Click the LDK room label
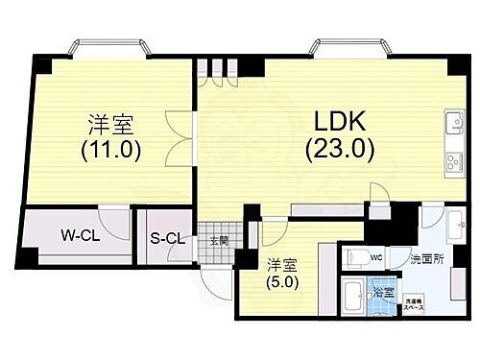coord(338,123)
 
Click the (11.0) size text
coord(110,150)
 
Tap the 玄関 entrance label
coord(220,241)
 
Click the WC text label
coord(377,257)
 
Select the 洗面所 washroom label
coord(425,259)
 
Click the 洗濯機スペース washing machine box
coord(416,303)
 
